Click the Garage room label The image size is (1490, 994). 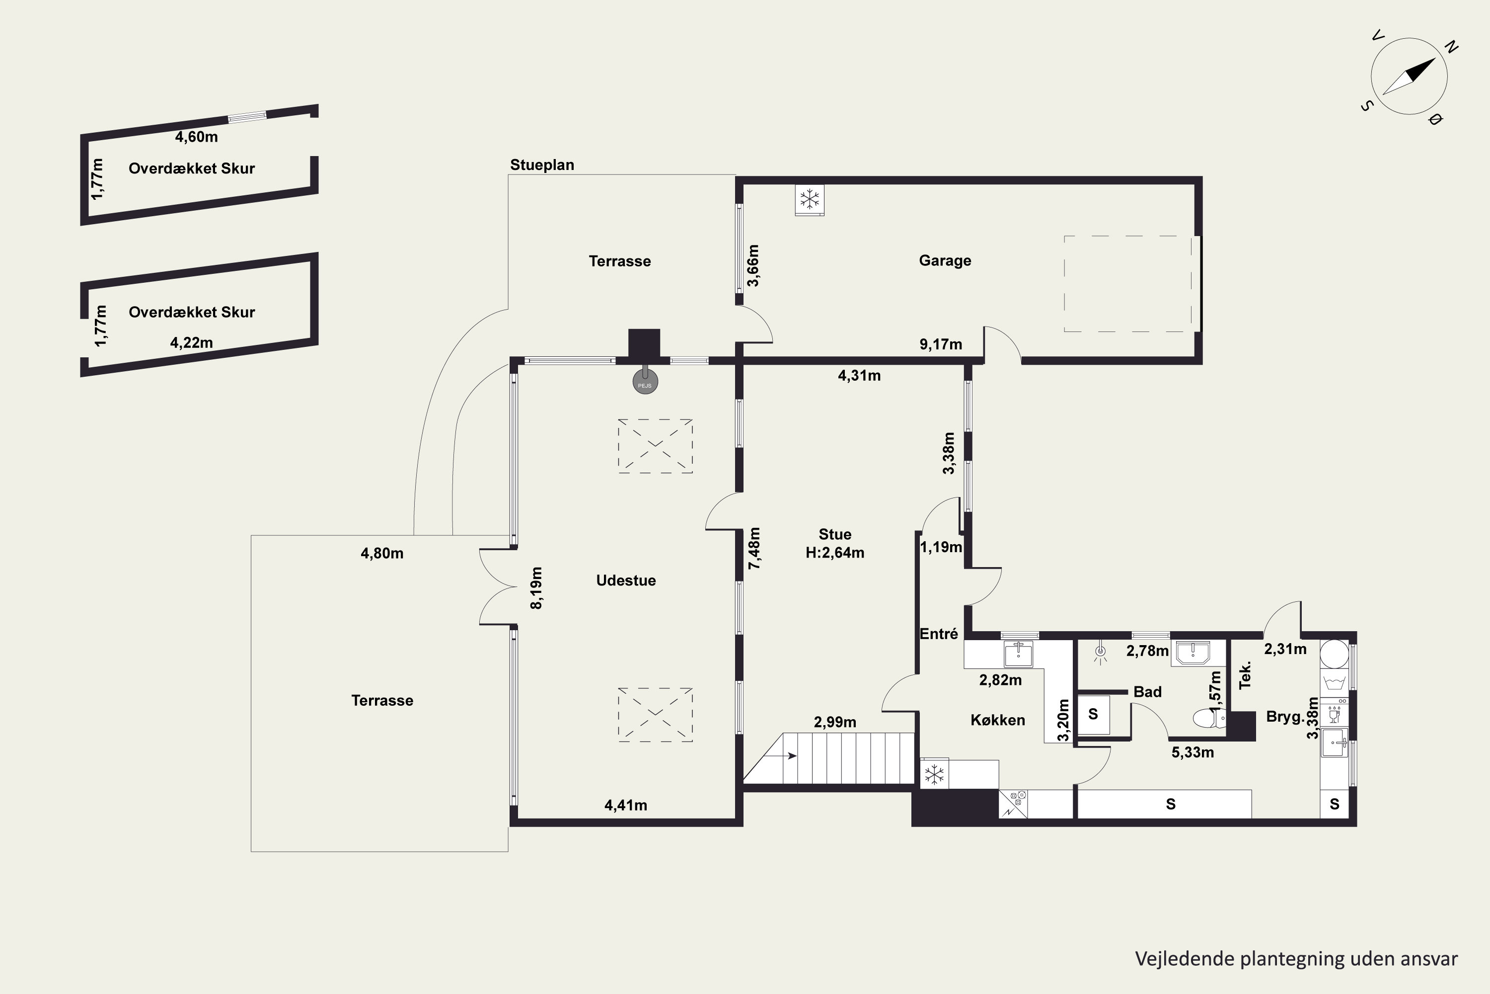tap(945, 260)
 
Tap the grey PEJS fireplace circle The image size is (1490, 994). tap(645, 382)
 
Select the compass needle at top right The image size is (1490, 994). tap(1409, 76)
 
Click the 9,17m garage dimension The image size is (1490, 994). tap(941, 344)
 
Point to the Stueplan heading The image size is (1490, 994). tap(542, 165)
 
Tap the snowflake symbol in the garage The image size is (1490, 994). tap(810, 200)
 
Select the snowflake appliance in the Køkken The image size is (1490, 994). tap(934, 774)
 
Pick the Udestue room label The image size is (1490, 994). tap(626, 580)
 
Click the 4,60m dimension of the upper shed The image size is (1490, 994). tap(196, 136)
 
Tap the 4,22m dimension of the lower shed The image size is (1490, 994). tap(191, 343)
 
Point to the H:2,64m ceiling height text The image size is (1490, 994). tap(835, 553)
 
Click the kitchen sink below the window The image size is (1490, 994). tap(1018, 654)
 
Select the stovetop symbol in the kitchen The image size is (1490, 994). tap(1013, 804)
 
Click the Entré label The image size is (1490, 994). tap(939, 633)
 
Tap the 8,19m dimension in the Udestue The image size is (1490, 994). tap(536, 587)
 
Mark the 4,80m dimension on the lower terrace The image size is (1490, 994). tap(382, 554)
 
